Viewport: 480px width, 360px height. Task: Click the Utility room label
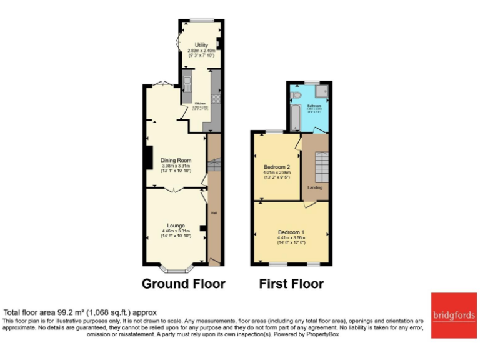pos(201,45)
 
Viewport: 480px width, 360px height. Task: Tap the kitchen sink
pos(186,84)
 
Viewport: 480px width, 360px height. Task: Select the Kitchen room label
pos(200,103)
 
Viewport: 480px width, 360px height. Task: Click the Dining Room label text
pos(176,160)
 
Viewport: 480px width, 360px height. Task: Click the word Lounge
pos(176,225)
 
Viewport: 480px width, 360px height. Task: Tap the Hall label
pos(214,213)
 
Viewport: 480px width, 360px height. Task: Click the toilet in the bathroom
pos(297,94)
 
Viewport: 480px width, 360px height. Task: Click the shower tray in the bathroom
pos(322,92)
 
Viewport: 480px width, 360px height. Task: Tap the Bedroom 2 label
pos(276,167)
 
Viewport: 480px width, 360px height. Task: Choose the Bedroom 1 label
pos(291,232)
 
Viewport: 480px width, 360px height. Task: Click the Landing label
pos(315,187)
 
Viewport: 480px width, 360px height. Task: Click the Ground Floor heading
pos(183,284)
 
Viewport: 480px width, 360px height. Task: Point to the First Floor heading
pos(291,284)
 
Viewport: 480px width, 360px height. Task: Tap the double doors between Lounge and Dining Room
pos(176,189)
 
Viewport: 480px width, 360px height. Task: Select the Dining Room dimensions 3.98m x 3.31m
pos(176,166)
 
